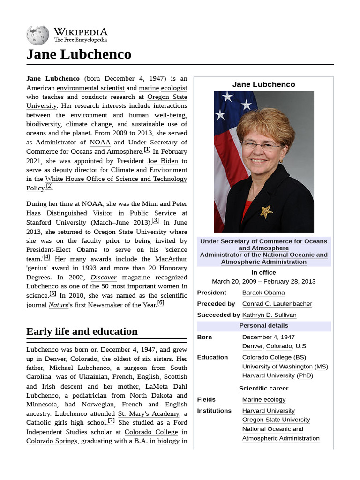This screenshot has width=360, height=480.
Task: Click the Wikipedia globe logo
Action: (37, 35)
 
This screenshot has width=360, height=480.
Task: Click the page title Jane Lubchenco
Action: (79, 54)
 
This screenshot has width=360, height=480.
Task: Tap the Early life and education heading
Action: (82, 331)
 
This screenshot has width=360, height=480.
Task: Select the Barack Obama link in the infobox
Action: (263, 292)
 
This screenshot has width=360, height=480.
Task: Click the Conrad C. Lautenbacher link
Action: (277, 304)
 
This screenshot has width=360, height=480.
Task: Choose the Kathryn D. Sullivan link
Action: (269, 315)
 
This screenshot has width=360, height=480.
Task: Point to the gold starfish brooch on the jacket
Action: (267, 211)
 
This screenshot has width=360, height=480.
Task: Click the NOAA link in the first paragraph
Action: (100, 142)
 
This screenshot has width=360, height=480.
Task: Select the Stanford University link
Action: (56, 223)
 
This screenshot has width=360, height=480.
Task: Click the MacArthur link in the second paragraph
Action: (171, 259)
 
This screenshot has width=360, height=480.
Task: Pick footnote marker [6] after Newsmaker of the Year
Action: (161, 303)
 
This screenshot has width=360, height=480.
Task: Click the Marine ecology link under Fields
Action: (263, 400)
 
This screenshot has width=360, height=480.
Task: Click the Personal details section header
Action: (263, 326)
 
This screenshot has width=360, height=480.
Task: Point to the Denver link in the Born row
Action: (253, 346)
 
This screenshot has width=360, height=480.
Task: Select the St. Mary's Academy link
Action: (149, 413)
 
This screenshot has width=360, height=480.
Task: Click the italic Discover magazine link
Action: (104, 277)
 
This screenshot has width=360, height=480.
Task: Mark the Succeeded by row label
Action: (218, 315)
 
